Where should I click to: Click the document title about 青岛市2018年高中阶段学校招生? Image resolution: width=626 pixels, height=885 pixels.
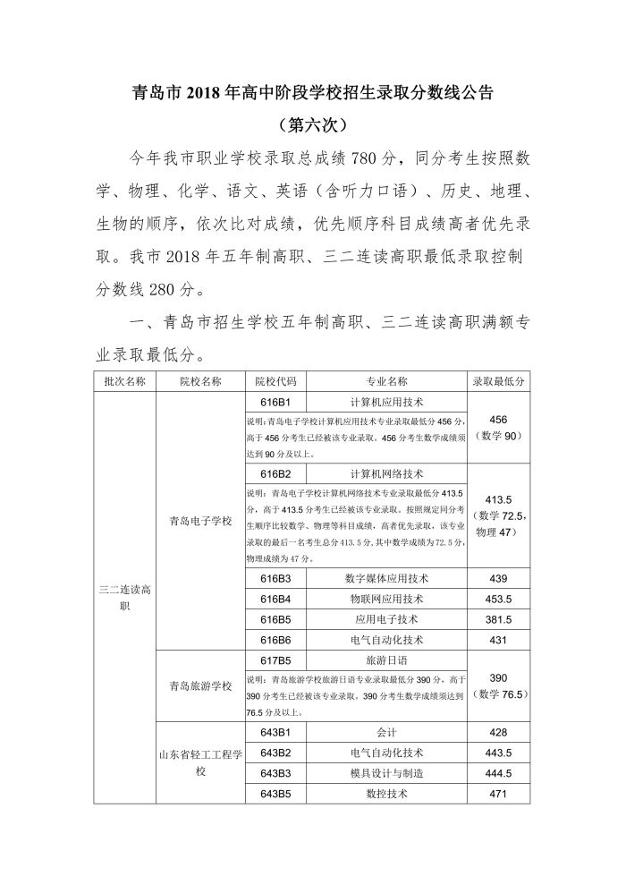[312, 91]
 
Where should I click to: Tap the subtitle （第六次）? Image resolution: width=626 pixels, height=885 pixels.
[312, 123]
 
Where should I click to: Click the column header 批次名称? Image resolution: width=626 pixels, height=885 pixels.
[124, 381]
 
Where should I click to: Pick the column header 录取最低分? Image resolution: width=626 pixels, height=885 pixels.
[498, 381]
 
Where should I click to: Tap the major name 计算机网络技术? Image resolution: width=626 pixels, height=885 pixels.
[386, 473]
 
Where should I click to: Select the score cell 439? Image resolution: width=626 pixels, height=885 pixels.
[498, 579]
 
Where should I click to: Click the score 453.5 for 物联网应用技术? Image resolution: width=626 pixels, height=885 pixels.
[498, 600]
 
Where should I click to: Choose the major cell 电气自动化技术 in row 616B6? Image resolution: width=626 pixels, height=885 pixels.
[386, 640]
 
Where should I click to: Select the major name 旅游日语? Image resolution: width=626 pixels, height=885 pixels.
[386, 660]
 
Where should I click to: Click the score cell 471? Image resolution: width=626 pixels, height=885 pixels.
[498, 794]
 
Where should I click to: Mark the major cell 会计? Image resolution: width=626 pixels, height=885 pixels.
[386, 732]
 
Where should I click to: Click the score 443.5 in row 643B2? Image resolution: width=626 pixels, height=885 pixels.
[498, 753]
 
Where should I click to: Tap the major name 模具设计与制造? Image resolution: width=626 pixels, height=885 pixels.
[386, 773]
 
